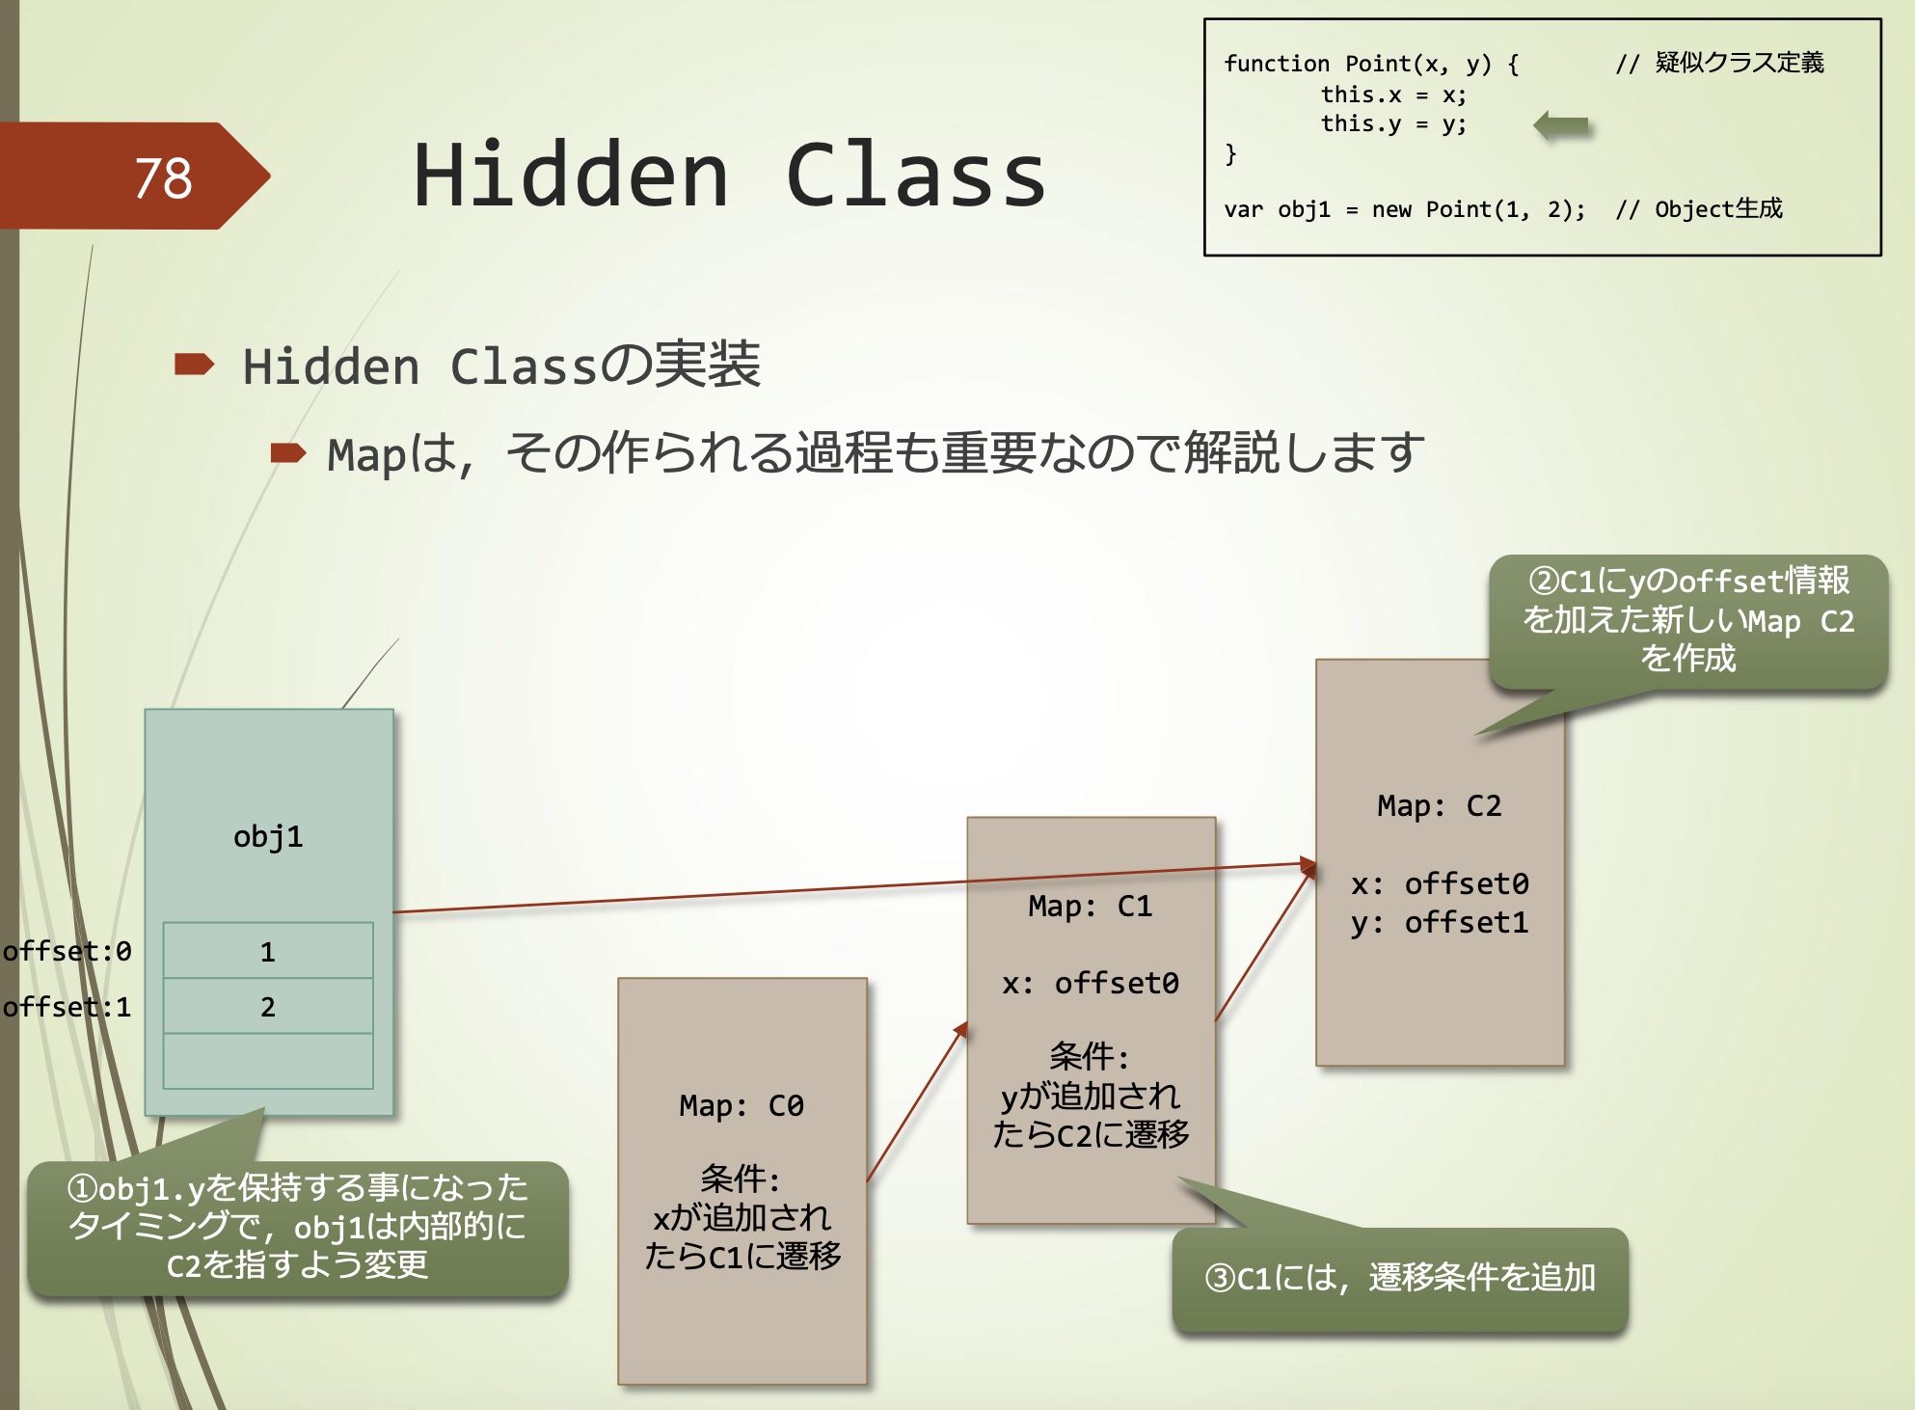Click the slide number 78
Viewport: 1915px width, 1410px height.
tap(163, 178)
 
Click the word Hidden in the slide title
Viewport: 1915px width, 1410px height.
tap(570, 176)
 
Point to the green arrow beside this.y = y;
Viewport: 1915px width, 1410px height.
tap(1561, 125)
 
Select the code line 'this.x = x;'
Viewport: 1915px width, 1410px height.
tap(1392, 95)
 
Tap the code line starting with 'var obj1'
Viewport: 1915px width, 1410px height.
tap(1404, 209)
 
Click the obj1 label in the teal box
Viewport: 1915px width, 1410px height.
tap(268, 836)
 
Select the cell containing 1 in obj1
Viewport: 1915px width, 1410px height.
tap(268, 951)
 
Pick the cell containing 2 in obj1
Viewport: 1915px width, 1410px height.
tap(268, 1006)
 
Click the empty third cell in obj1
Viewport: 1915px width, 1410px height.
tap(268, 1061)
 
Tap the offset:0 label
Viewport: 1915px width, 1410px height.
tap(67, 952)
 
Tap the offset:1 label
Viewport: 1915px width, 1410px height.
tap(67, 1007)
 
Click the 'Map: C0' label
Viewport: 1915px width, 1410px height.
tap(741, 1105)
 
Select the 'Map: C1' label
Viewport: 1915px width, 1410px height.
tap(1090, 906)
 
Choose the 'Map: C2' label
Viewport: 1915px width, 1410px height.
tap(1439, 805)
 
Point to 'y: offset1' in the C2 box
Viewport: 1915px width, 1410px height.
tap(1439, 923)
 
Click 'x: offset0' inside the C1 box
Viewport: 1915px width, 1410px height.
tap(1090, 983)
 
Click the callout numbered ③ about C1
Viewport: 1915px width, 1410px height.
tap(1399, 1279)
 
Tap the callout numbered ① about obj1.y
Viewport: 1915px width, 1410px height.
tap(297, 1227)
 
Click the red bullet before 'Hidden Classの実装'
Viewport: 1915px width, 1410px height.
tap(194, 364)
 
